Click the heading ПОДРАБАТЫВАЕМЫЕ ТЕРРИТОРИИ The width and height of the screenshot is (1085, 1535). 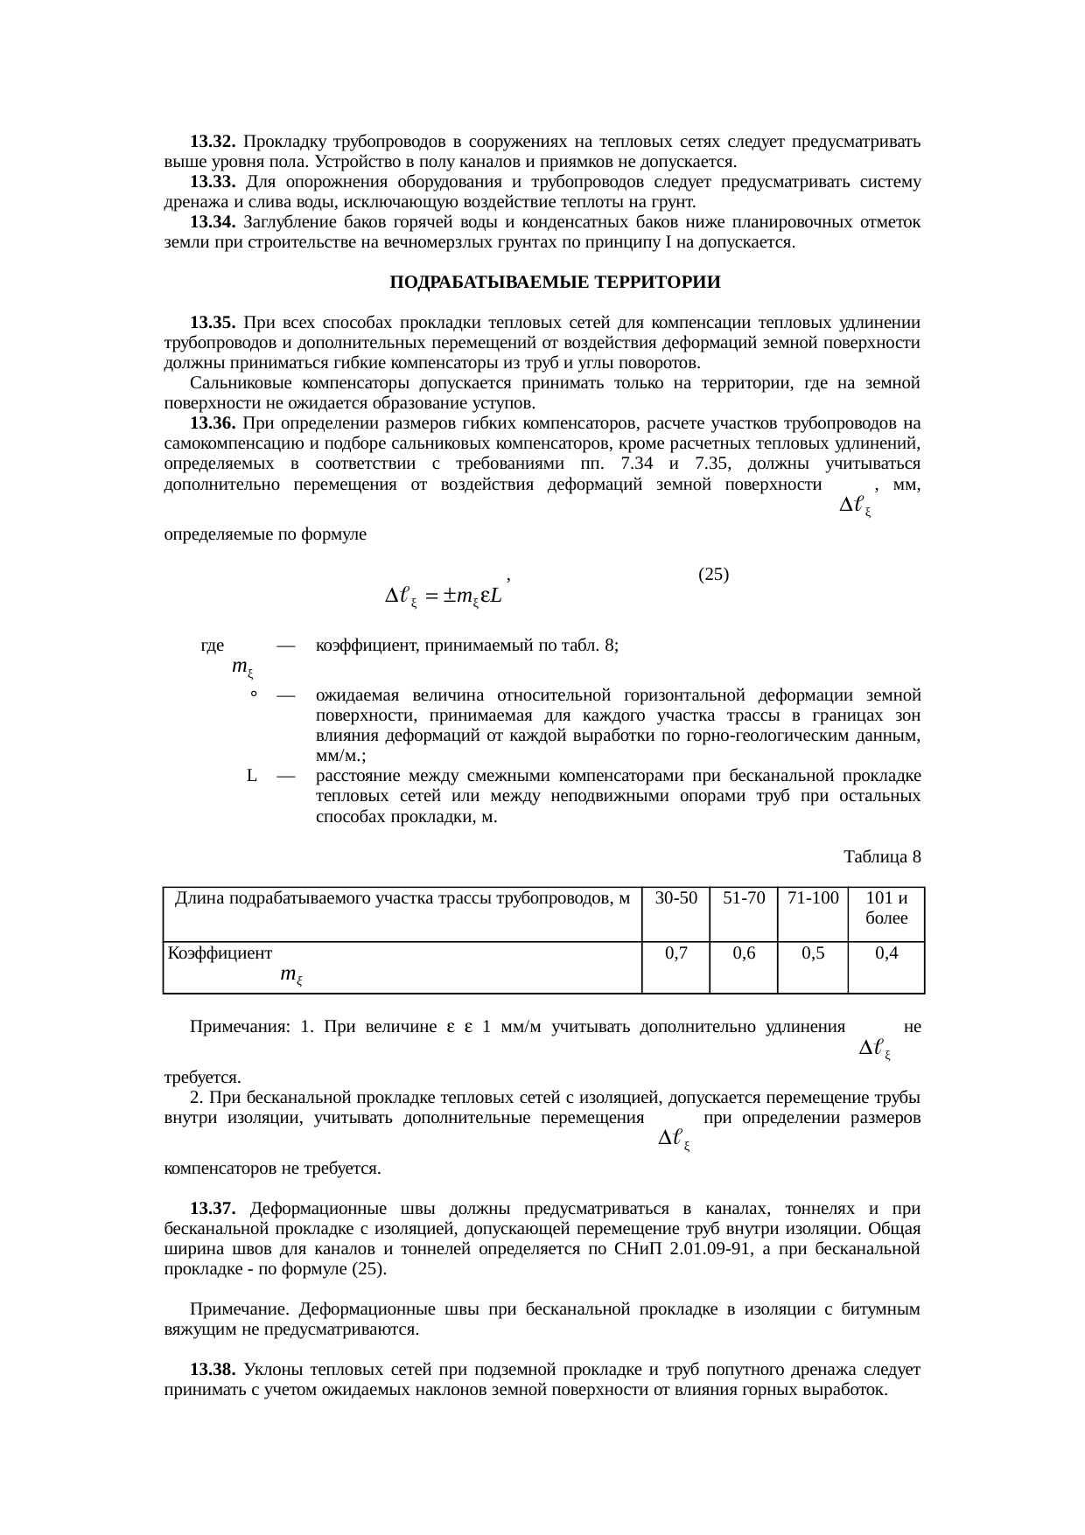[x=555, y=283]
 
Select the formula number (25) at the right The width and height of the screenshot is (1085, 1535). [x=714, y=575]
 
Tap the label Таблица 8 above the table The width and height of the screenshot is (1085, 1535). [x=881, y=856]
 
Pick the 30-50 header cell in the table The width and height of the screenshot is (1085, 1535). [x=675, y=898]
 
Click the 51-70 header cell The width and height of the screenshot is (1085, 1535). [x=743, y=898]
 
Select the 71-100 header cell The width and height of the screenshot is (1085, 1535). [x=813, y=898]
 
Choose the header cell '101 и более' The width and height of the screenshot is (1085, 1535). [x=885, y=908]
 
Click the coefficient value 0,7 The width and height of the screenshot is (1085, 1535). [x=675, y=953]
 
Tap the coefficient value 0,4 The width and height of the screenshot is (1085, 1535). [x=885, y=953]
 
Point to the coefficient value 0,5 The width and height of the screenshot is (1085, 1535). [x=813, y=953]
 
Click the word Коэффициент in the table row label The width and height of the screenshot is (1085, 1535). [x=220, y=953]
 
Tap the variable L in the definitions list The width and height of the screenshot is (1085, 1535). [x=251, y=776]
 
